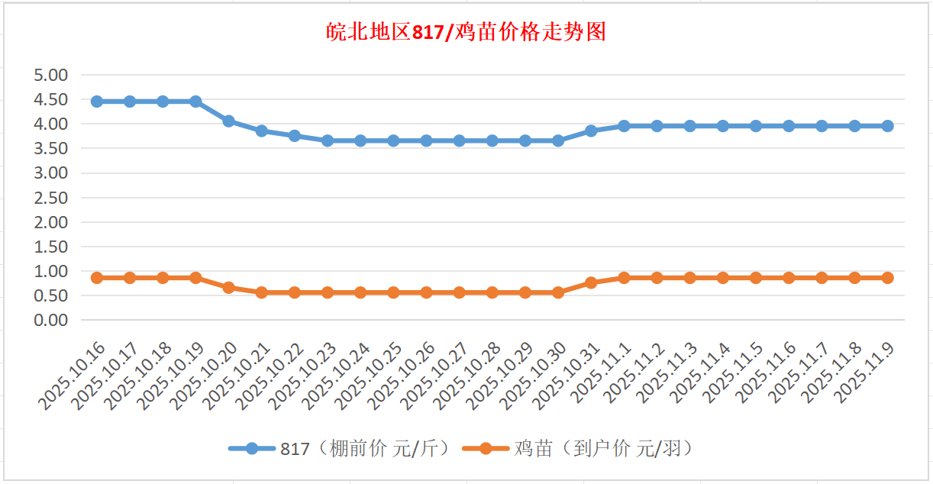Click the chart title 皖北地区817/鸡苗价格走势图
pos(466,32)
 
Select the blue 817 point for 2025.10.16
pos(97,102)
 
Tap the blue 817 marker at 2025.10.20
pos(228,121)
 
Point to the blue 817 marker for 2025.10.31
pos(591,131)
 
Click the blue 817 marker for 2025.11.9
pos(888,126)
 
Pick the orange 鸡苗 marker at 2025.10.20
pos(228,287)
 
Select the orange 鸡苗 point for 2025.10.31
pos(591,282)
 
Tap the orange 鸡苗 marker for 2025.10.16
pos(97,278)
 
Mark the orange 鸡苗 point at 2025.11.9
pos(888,278)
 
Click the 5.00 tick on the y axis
pos(51,75)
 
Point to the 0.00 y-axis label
pos(51,321)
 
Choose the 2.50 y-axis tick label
pos(51,198)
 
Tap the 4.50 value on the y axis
pos(51,99)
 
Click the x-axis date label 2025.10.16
pos(72,376)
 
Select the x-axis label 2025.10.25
pos(369,376)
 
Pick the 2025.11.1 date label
pos(604,373)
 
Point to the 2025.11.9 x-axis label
pos(867,373)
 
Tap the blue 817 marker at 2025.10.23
pos(328,140)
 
